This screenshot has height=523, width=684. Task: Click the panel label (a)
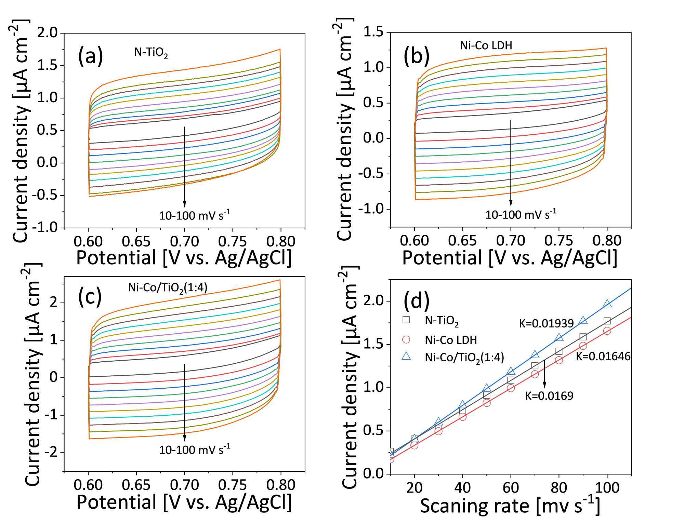pyautogui.click(x=90, y=56)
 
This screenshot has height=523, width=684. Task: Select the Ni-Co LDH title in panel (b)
pyautogui.click(x=486, y=45)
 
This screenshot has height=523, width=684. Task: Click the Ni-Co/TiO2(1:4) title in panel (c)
pyautogui.click(x=168, y=288)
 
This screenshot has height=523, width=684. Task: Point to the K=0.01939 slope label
pyautogui.click(x=546, y=323)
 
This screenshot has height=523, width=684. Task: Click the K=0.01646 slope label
pyautogui.click(x=603, y=357)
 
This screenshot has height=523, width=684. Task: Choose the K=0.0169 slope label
pyautogui.click(x=549, y=396)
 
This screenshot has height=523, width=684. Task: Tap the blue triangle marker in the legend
pyautogui.click(x=406, y=357)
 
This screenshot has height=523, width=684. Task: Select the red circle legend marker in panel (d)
pyautogui.click(x=406, y=339)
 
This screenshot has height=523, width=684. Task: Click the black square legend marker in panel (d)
pyautogui.click(x=406, y=320)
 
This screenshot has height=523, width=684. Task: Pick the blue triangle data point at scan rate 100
pyautogui.click(x=607, y=304)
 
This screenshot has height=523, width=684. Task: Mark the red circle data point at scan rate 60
pyautogui.click(x=511, y=388)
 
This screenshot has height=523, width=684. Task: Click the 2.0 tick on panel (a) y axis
pyautogui.click(x=48, y=33)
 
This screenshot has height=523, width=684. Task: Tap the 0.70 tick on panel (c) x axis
pyautogui.click(x=184, y=485)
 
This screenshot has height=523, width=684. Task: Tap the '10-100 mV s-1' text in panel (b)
pyautogui.click(x=521, y=215)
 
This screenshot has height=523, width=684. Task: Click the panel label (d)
pyautogui.click(x=416, y=301)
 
